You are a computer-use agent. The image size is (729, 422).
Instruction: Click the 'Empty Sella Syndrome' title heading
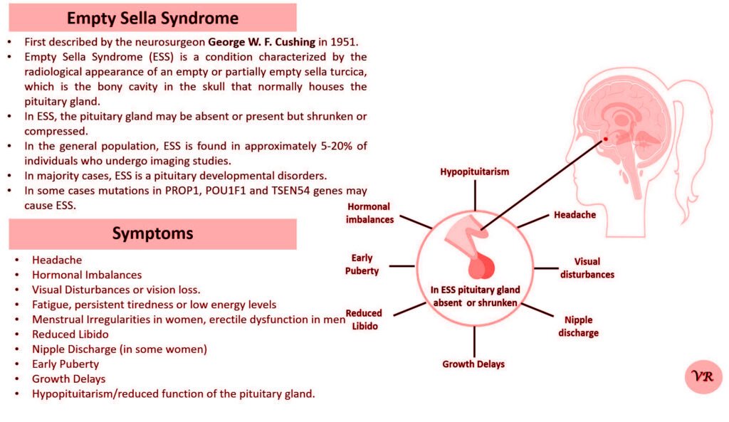[152, 17]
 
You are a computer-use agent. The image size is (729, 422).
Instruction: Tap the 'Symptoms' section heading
[152, 233]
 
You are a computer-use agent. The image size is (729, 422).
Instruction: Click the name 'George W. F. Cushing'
[261, 42]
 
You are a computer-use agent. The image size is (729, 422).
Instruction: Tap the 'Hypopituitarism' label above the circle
[474, 172]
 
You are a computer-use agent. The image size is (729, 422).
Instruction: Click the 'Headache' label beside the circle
[575, 214]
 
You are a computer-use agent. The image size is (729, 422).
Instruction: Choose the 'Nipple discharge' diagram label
[578, 327]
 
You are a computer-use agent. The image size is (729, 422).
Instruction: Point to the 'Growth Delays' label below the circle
[473, 364]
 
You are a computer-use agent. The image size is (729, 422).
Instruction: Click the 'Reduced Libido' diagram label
[364, 320]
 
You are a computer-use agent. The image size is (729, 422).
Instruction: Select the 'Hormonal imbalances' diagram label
[369, 213]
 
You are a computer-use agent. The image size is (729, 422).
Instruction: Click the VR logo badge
[703, 376]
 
